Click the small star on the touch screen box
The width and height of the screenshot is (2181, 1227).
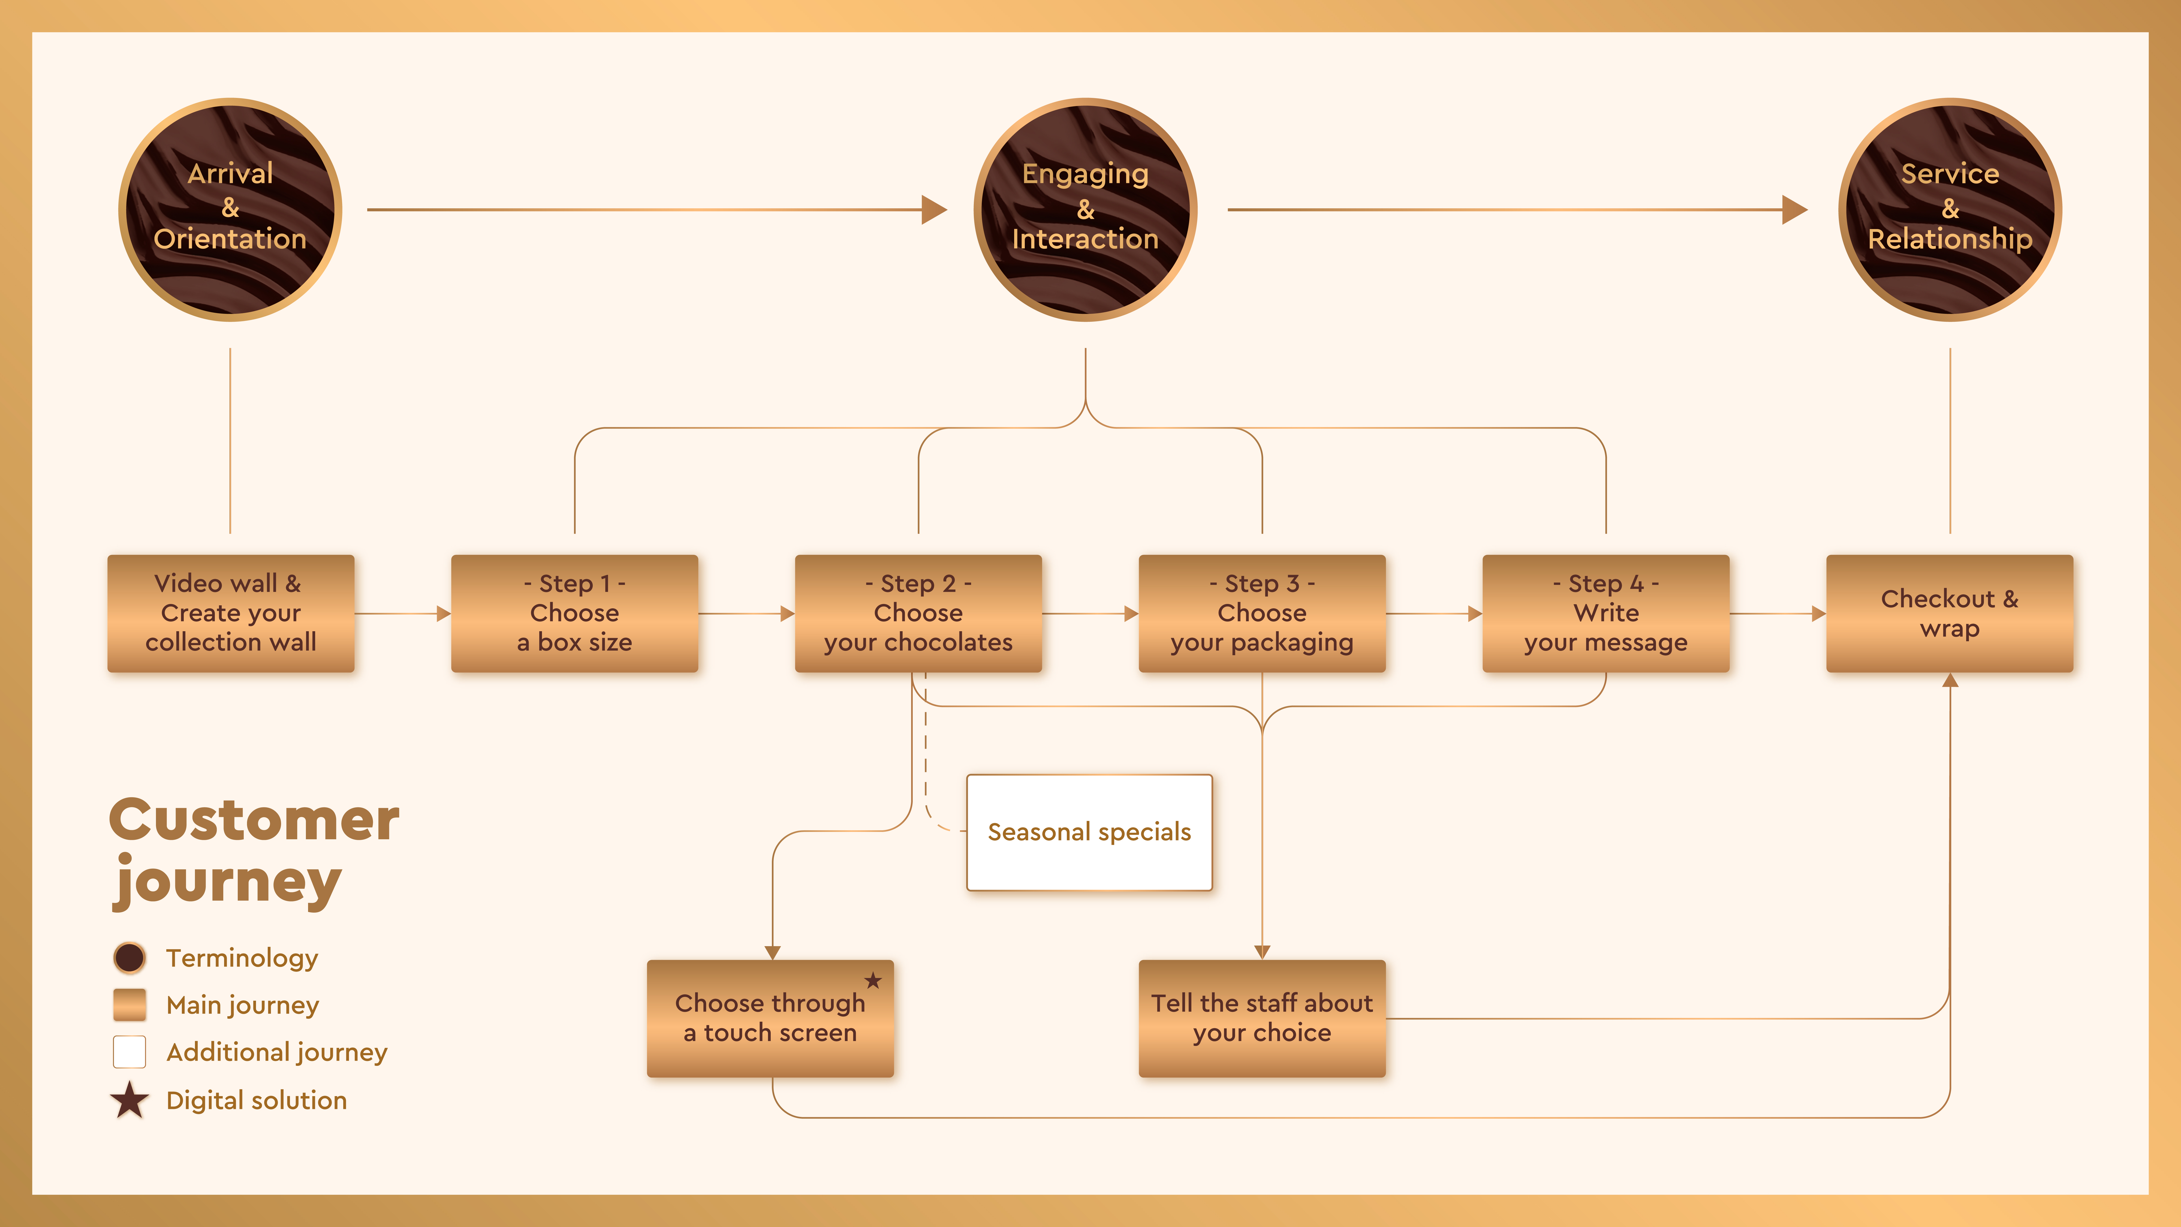coord(873,981)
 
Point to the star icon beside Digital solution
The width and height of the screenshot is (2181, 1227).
coord(129,1100)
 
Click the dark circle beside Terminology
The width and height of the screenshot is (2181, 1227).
coord(129,958)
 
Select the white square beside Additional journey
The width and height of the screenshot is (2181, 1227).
coord(129,1052)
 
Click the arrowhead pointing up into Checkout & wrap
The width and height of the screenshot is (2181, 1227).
coord(1950,680)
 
